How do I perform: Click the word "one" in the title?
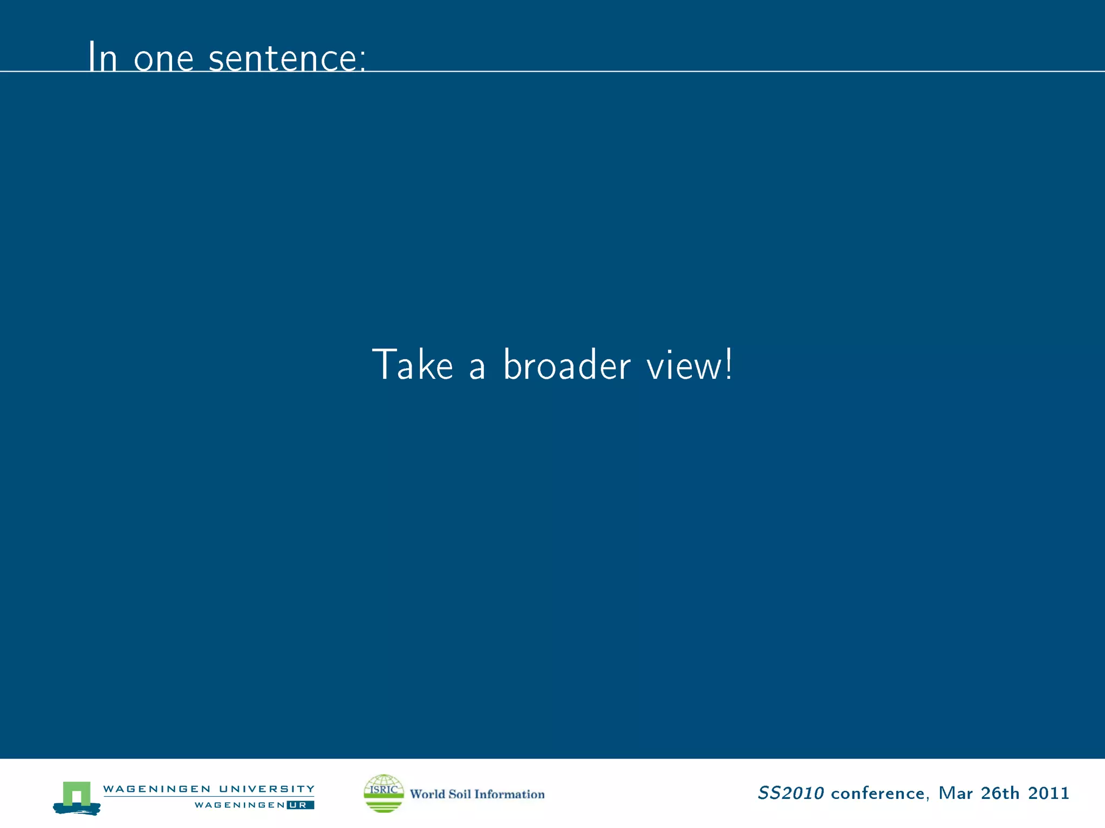coord(163,59)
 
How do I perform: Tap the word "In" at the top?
coord(102,57)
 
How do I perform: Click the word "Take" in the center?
coord(413,365)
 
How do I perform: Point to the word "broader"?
coord(566,365)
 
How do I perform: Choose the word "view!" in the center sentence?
coord(690,365)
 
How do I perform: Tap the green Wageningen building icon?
coord(77,796)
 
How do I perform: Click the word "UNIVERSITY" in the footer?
coord(267,789)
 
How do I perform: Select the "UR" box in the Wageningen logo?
coord(299,805)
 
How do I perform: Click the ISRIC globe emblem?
coord(384,793)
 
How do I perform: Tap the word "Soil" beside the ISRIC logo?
coord(459,794)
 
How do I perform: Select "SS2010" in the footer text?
coord(790,793)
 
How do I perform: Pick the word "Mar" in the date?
coord(955,793)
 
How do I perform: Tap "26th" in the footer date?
coord(1000,793)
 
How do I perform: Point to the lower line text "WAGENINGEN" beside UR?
coord(239,805)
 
